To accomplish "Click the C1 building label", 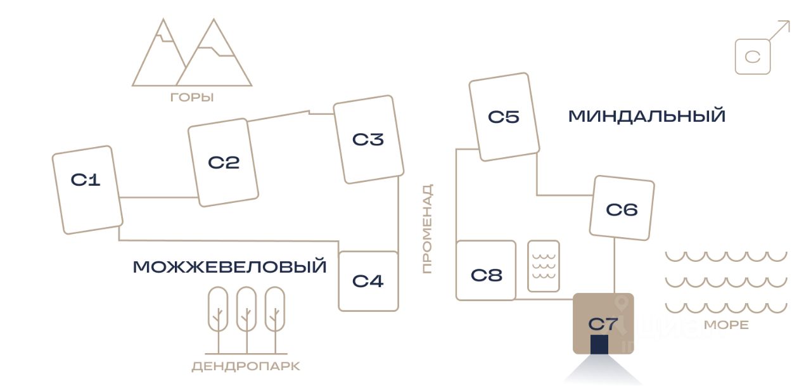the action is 86,179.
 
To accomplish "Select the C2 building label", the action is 224,163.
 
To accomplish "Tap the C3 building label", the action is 368,139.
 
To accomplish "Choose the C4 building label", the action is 368,281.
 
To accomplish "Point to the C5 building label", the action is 504,117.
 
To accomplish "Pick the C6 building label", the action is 622,210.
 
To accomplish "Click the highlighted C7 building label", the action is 603,324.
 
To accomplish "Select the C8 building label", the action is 487,275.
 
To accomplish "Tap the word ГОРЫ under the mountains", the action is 192,98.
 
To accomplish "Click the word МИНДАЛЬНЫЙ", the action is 647,116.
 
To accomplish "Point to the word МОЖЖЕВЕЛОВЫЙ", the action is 230,267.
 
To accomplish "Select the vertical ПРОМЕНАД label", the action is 428,229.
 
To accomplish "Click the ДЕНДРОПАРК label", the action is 246,366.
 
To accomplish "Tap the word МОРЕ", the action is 726,325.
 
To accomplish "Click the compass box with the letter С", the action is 753,56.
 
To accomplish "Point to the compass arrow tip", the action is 789,21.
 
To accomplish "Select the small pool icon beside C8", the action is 544,266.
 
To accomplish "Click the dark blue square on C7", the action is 599,344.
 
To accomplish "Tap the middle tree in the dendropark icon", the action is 246,320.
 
